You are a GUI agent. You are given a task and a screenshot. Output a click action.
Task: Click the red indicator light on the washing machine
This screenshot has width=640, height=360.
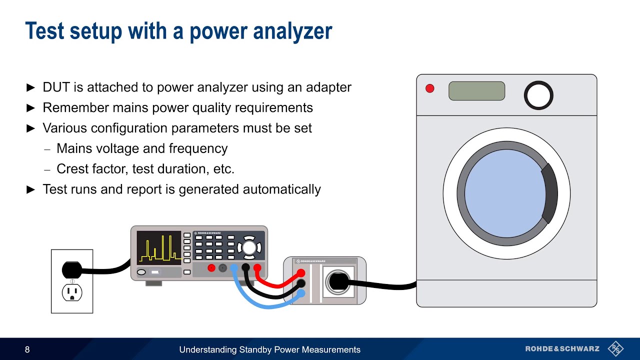click(429, 88)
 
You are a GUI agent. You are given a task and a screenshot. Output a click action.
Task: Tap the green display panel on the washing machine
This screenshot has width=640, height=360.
click(476, 91)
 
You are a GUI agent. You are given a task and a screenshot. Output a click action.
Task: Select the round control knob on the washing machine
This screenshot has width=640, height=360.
click(538, 95)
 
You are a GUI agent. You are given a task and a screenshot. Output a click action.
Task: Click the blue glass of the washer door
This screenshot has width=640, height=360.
click(505, 193)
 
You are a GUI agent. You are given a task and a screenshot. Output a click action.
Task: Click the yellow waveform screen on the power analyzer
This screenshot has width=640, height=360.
click(159, 248)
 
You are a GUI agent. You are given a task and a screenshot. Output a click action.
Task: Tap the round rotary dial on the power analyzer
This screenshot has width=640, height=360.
click(249, 247)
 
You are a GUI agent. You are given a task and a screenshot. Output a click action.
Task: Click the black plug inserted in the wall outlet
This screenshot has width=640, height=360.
click(71, 269)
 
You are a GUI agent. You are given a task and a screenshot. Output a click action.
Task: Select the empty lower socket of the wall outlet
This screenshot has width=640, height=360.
click(72, 293)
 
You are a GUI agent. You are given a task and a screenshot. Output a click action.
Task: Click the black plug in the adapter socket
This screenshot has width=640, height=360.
click(339, 281)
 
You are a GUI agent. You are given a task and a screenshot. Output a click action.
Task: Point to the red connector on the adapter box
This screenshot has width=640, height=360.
click(301, 273)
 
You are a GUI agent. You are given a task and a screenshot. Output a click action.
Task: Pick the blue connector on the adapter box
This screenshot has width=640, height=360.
click(301, 293)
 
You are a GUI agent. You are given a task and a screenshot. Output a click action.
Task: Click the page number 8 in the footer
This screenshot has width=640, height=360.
click(27, 349)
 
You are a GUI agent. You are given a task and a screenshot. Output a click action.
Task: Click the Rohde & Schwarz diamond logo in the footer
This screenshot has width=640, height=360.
click(615, 349)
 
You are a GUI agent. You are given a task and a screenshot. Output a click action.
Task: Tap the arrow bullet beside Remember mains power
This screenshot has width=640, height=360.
click(30, 108)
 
